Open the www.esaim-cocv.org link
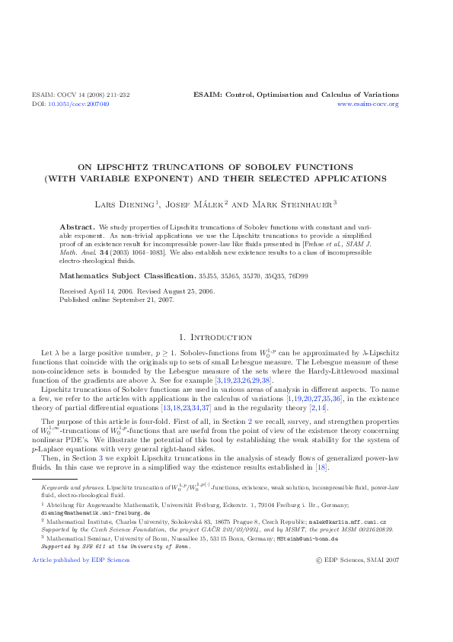[x=368, y=103]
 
